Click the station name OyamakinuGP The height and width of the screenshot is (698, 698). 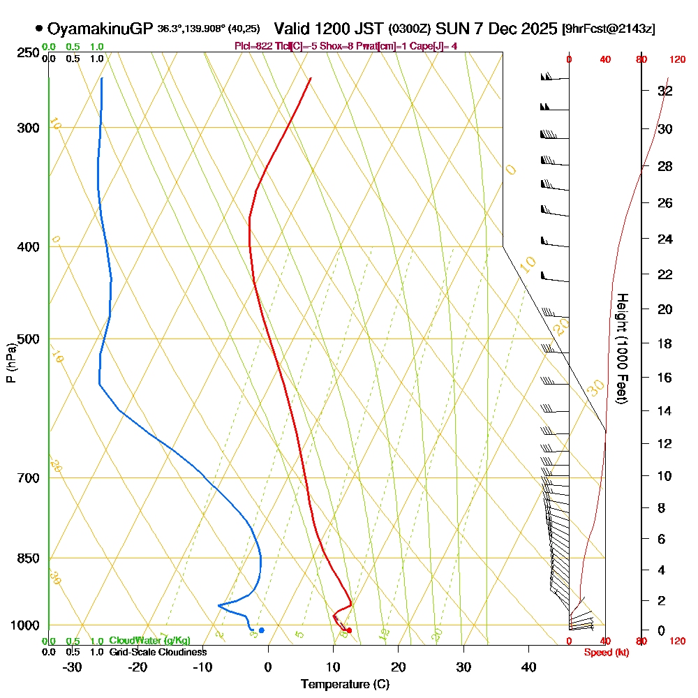click(101, 29)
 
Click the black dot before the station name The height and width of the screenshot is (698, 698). click(38, 29)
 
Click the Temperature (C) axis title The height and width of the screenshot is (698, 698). click(345, 684)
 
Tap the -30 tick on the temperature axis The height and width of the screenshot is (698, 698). click(72, 667)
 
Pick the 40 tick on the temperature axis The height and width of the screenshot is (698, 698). click(528, 667)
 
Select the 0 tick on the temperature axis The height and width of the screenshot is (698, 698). click(268, 667)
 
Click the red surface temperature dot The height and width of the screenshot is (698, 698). click(349, 631)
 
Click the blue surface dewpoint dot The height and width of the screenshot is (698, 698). click(261, 630)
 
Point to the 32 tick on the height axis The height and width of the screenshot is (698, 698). click(665, 91)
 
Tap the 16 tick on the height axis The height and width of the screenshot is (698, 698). click(665, 378)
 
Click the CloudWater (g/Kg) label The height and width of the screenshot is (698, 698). click(149, 641)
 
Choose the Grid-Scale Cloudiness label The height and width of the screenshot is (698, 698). click(158, 652)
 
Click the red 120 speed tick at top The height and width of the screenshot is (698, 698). click(676, 59)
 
